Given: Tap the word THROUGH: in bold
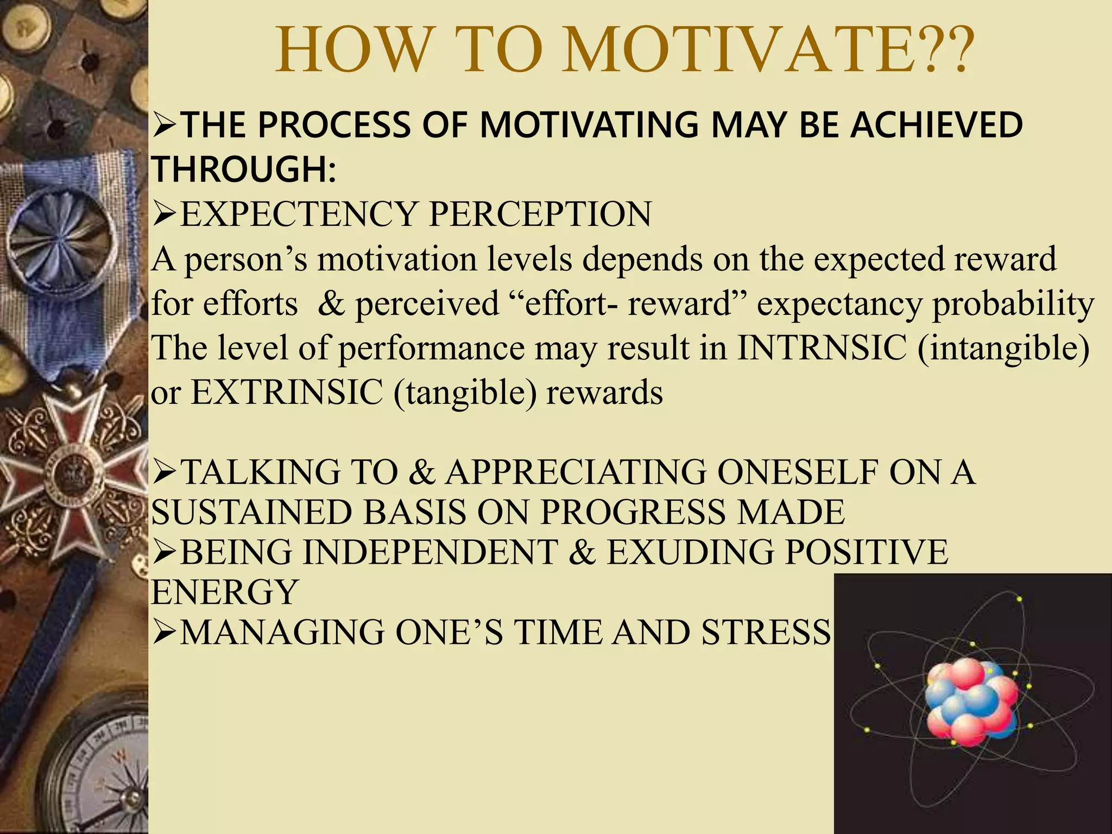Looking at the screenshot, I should point(243,169).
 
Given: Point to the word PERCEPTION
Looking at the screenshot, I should point(540,214).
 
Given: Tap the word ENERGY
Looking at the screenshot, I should point(224,592).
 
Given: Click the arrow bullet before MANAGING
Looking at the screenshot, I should point(165,633).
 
